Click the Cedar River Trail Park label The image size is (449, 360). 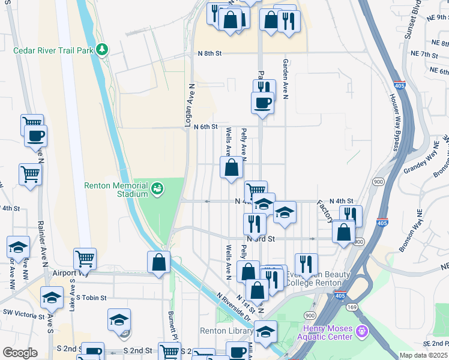(54, 50)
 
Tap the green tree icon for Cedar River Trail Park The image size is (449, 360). (103, 49)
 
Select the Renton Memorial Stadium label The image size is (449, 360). (116, 190)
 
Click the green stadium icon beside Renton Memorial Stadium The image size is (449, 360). (157, 189)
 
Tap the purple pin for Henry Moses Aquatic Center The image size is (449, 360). (362, 331)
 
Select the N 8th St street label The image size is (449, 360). (210, 53)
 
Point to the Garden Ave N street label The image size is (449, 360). (287, 79)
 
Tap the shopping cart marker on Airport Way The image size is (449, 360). (85, 259)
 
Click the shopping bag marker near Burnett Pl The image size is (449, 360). (158, 262)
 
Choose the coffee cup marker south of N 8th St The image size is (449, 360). (262, 103)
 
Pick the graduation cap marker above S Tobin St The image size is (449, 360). (52, 298)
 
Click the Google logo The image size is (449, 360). (20, 353)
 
